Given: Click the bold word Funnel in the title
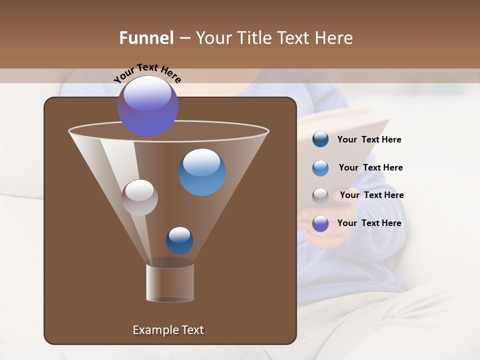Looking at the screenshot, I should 146,38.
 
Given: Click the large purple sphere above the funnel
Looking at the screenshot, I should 147,106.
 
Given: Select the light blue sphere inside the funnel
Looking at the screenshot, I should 201,172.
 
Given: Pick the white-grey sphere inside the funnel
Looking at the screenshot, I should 139,197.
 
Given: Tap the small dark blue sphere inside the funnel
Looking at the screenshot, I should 179,240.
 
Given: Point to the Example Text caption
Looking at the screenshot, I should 168,330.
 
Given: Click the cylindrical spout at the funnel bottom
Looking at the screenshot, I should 170,282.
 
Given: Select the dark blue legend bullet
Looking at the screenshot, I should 320,139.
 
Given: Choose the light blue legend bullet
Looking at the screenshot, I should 320,167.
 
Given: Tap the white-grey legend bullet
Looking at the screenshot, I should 320,195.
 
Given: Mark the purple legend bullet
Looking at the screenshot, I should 320,223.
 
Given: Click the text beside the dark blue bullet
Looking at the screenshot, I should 369,139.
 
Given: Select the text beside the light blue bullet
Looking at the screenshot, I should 370,167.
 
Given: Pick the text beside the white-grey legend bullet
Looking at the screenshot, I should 371,195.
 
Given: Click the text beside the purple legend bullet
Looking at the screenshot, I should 369,223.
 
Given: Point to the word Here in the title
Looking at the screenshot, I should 335,38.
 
